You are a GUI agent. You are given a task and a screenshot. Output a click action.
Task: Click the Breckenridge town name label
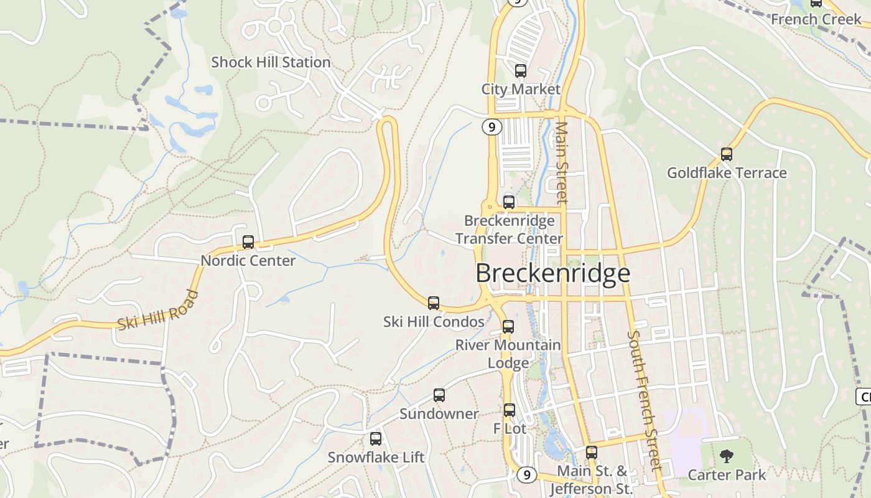(x=553, y=273)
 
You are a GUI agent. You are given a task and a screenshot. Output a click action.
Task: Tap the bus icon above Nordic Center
(x=248, y=242)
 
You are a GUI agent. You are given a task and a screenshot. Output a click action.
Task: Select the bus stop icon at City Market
(x=521, y=71)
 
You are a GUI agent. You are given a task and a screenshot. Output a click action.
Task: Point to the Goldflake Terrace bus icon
(x=726, y=154)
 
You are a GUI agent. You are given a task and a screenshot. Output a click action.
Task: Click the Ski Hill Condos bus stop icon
(x=434, y=303)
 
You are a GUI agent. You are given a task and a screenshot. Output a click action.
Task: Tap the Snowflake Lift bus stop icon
(x=376, y=439)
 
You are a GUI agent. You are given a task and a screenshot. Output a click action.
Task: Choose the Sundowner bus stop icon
(x=439, y=395)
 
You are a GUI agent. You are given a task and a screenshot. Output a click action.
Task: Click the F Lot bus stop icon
(x=510, y=410)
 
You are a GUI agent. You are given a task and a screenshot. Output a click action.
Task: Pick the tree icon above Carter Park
(x=726, y=457)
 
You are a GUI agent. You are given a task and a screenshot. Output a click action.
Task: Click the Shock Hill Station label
(x=271, y=62)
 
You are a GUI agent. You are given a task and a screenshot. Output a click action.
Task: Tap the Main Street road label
(x=562, y=162)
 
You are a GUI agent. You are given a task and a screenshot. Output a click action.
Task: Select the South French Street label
(x=643, y=400)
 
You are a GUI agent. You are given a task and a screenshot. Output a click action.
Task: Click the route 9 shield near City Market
(x=491, y=127)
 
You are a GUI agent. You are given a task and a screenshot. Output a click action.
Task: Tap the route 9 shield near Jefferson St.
(x=526, y=475)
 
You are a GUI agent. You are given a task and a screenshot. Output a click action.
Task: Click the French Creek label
(x=816, y=19)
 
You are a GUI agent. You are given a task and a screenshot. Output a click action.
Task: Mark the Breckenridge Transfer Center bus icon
(x=509, y=202)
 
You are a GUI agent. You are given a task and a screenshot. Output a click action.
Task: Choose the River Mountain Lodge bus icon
(x=508, y=327)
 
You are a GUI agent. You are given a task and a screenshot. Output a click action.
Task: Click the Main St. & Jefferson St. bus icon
(x=591, y=453)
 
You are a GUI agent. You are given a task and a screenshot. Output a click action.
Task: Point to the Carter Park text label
(x=727, y=475)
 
